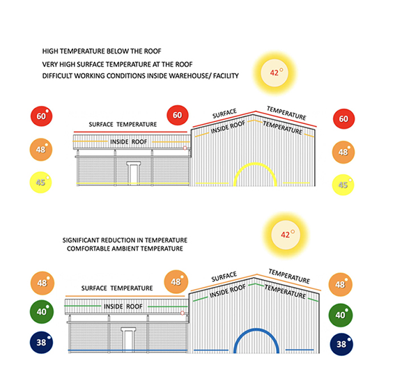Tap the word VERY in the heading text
point(51,64)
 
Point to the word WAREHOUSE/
point(183,75)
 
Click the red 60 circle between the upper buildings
point(178,116)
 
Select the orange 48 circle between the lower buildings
point(175,282)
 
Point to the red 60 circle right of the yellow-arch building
point(343,120)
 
